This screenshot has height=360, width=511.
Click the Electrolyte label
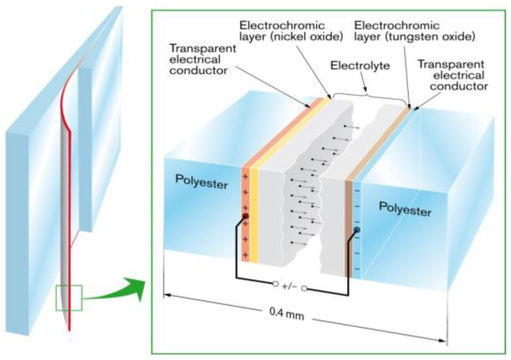[x=360, y=65]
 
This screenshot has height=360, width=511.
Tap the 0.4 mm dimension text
[x=287, y=313]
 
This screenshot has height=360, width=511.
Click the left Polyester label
[x=201, y=182]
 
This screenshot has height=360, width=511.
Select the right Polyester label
[x=405, y=209]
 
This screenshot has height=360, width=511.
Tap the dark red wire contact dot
[x=245, y=216]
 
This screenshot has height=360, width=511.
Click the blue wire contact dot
[x=356, y=230]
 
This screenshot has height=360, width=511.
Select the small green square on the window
[x=69, y=298]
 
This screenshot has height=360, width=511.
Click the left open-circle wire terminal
[x=276, y=284]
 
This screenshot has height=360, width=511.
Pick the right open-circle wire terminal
[x=304, y=289]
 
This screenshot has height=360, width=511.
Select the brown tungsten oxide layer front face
[x=349, y=229]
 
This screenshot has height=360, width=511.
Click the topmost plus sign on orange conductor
[x=245, y=177]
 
